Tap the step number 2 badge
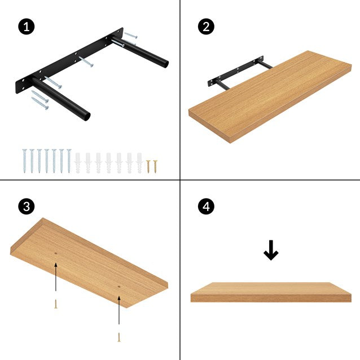[x=206, y=27]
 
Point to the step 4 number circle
[x=206, y=207]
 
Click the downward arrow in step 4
[x=271, y=251]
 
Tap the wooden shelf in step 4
[x=271, y=292]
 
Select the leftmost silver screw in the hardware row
[x=24, y=160]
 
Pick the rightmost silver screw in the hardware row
[x=68, y=160]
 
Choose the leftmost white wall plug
[x=78, y=161]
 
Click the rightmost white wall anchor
[x=139, y=161]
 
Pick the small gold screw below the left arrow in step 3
[x=55, y=304]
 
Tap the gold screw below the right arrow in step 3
[x=119, y=337]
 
